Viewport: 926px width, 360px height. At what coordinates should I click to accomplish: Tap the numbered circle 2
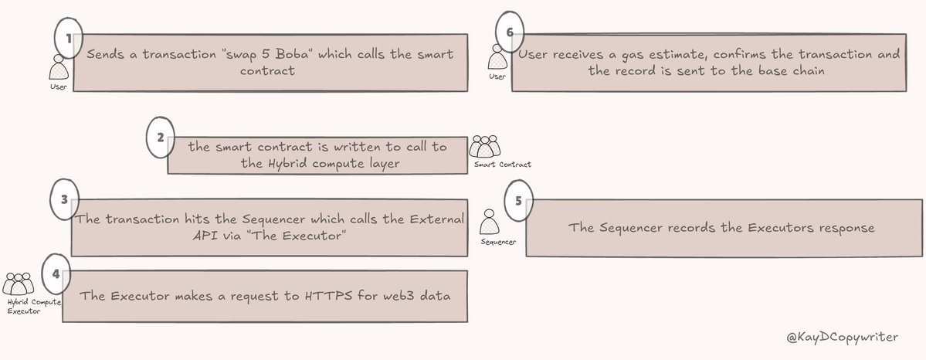tap(160, 138)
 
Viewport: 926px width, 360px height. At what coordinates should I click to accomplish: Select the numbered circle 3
tap(65, 198)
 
